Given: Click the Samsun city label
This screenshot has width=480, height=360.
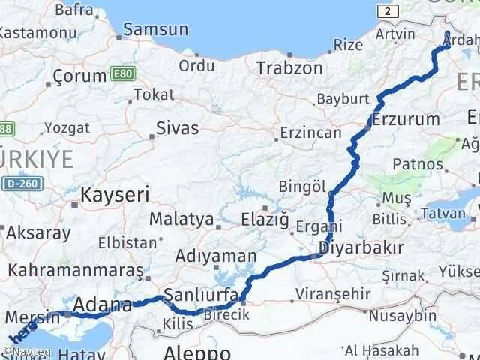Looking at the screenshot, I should (x=155, y=30).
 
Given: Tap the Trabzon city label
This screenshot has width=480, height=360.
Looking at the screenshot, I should (x=289, y=67).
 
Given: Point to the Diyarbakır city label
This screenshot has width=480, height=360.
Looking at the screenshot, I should (x=361, y=247).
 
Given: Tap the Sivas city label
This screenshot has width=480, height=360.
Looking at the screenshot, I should (x=178, y=128).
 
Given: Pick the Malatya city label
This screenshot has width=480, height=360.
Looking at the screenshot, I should (x=181, y=220).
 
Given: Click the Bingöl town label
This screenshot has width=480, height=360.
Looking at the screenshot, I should (x=302, y=185).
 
